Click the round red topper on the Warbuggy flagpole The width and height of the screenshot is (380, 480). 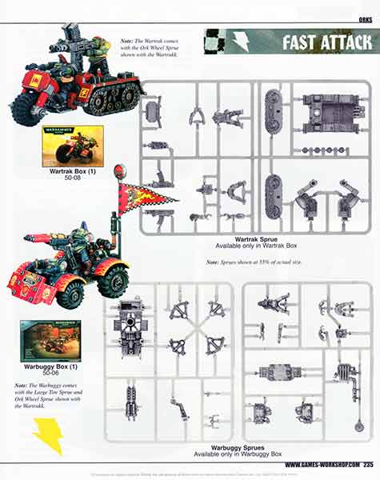tap(120, 170)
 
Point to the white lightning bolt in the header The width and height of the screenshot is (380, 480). tap(240, 42)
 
